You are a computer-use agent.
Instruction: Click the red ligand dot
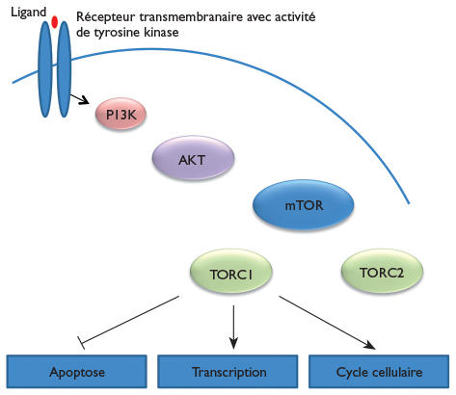tap(55, 22)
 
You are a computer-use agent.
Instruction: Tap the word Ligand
tap(29, 13)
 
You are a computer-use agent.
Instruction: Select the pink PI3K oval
tap(121, 114)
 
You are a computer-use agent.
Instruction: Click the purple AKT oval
tap(193, 158)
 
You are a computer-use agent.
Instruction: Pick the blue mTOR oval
tap(304, 205)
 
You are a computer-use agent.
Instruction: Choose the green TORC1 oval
tap(231, 272)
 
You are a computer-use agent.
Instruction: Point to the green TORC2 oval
tap(382, 272)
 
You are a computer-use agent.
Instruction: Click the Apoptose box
tap(77, 372)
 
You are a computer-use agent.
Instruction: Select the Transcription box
tap(228, 372)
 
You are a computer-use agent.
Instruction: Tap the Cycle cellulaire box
tap(379, 372)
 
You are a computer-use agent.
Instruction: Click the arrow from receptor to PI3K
tap(80, 98)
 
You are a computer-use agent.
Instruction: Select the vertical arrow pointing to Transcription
tap(233, 327)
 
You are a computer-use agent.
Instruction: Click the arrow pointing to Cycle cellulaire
tap(327, 323)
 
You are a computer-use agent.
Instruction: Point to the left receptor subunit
tap(45, 69)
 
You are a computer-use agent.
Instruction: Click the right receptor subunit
tap(64, 69)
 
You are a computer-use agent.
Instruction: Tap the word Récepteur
tap(106, 16)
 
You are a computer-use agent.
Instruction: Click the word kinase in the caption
tap(161, 32)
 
